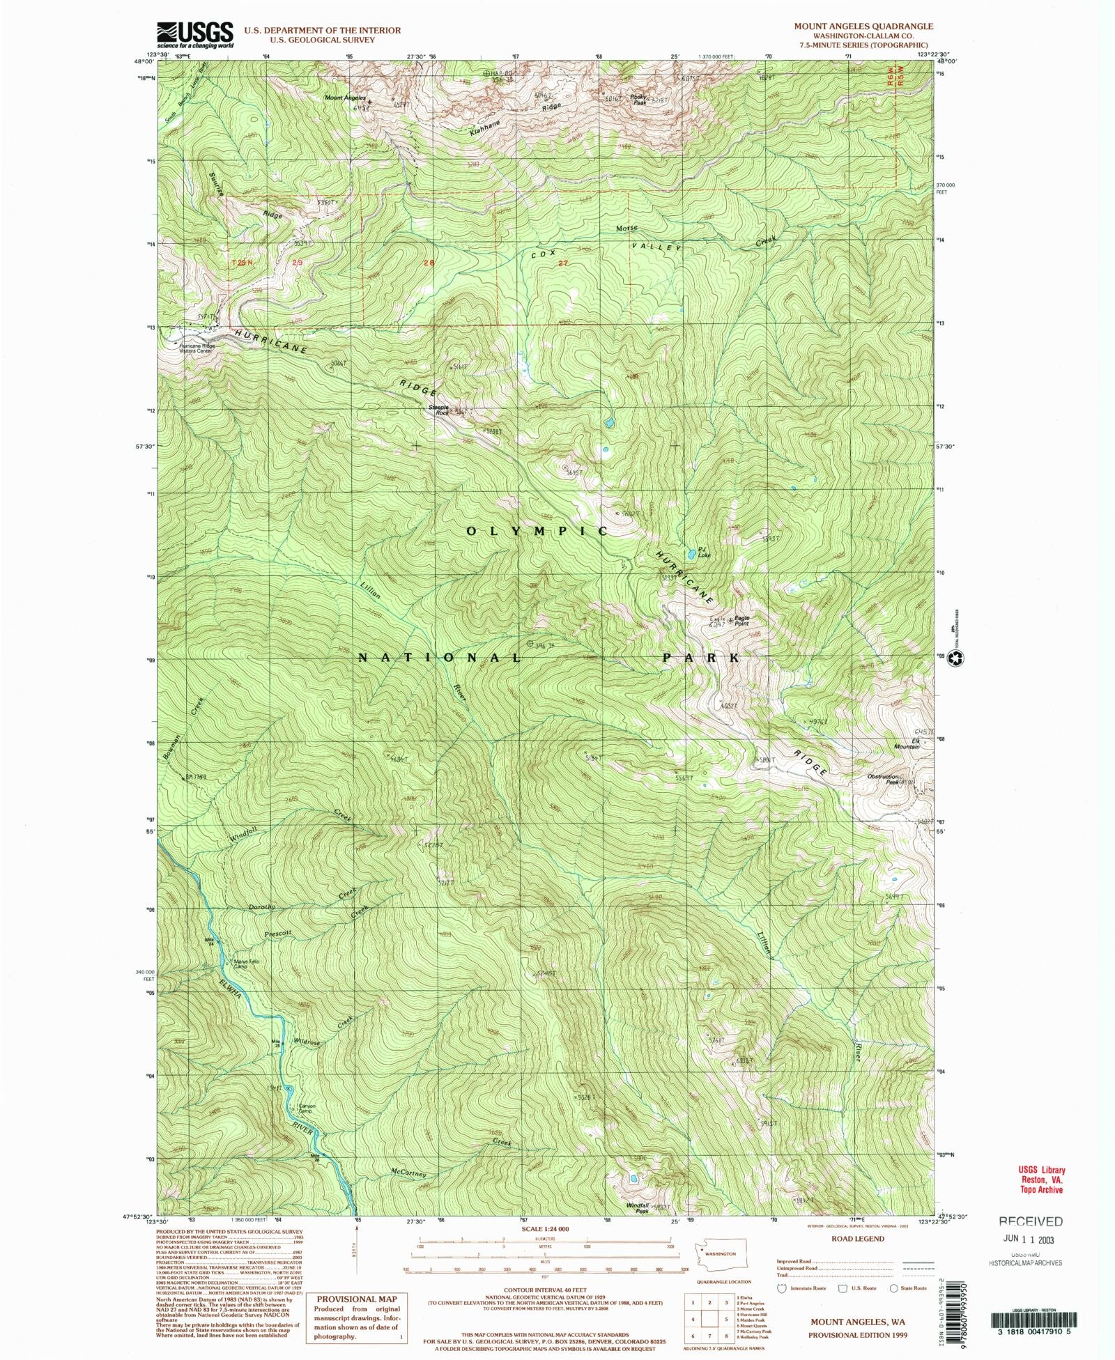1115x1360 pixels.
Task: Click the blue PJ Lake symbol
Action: [x=691, y=554]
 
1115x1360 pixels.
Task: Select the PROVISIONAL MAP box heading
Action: [x=357, y=1299]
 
